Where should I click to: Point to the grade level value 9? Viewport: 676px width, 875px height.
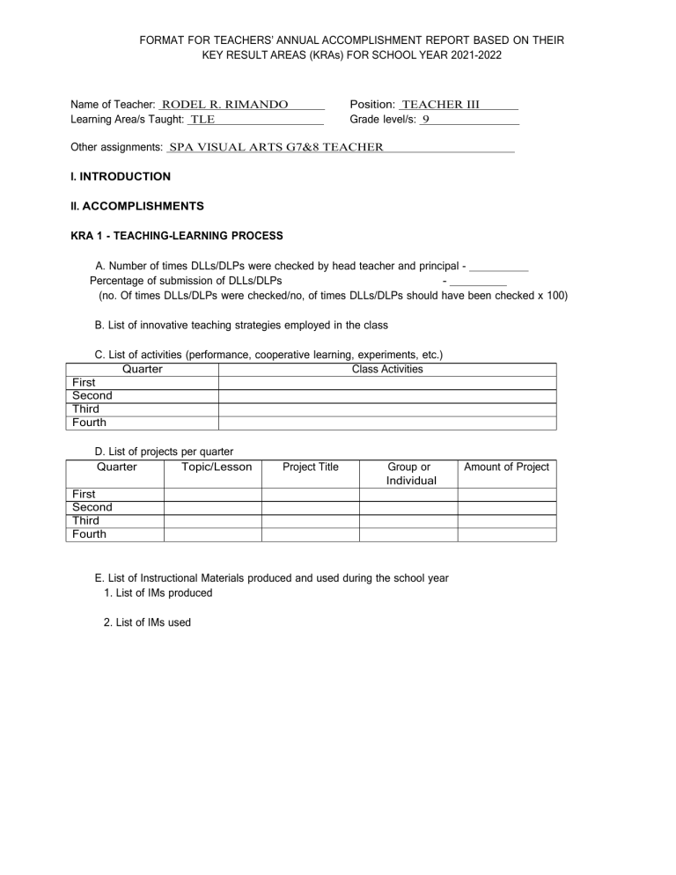pos(426,119)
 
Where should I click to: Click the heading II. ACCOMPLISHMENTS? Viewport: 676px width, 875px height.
pos(136,206)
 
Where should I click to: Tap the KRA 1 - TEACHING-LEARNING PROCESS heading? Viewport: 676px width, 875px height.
pos(176,235)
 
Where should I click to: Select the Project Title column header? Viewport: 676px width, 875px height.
pos(310,467)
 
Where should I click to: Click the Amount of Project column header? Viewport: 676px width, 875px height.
pos(506,467)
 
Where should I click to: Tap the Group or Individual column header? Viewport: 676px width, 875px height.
pos(408,474)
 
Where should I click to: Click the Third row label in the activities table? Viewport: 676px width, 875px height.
pos(85,409)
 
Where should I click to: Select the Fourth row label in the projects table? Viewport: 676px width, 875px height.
pos(89,534)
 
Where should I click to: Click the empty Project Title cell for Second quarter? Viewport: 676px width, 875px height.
pos(310,508)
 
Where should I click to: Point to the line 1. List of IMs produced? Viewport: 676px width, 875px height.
pos(158,593)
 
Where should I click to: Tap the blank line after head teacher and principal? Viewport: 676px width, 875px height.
pos(499,267)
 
